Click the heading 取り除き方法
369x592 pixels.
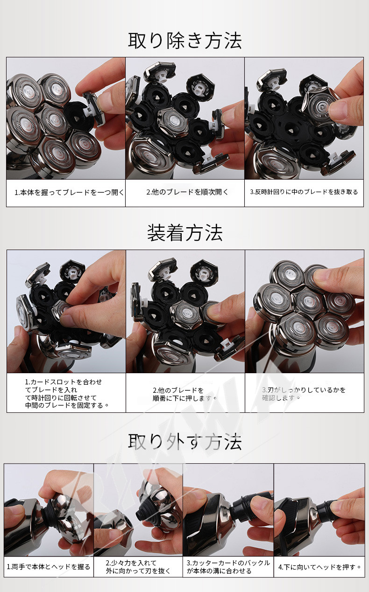click(185, 41)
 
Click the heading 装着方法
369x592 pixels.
click(185, 233)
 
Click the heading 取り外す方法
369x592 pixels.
click(185, 441)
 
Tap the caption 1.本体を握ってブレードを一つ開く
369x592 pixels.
click(69, 192)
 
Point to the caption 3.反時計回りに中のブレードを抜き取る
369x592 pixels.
click(304, 192)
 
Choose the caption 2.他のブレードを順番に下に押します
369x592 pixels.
click(184, 394)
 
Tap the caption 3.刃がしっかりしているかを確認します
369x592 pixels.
click(304, 394)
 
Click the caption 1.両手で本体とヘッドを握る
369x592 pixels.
click(49, 567)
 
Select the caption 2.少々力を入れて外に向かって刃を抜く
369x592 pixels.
click(138, 567)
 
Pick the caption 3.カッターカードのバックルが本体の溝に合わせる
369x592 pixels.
click(228, 567)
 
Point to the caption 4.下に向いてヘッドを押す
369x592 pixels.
click(319, 567)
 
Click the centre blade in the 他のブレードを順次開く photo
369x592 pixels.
click(173, 122)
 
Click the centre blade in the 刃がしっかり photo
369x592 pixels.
click(309, 301)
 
